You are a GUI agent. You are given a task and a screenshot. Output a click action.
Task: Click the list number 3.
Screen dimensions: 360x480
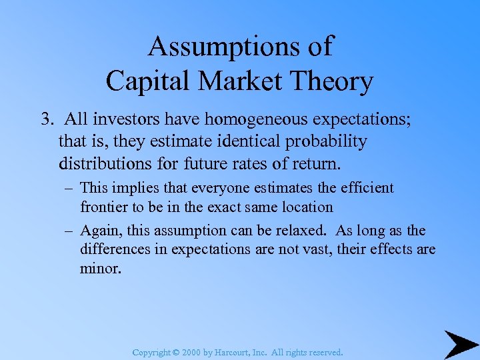[x=45, y=119]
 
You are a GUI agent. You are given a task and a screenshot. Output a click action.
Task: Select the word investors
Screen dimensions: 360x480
[x=137, y=119]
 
